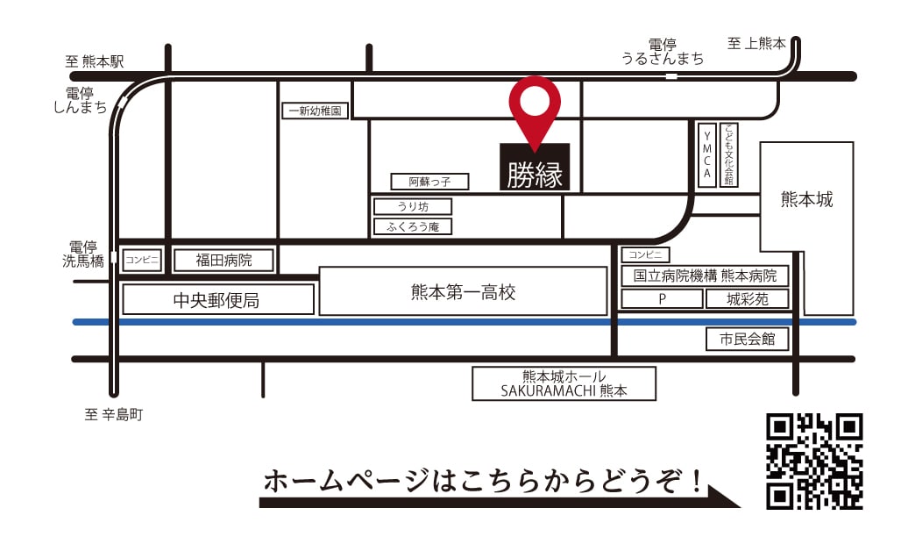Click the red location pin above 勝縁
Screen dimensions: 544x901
(535, 104)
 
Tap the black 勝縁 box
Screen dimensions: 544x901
(535, 168)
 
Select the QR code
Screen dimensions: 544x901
(814, 462)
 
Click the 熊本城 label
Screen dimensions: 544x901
(806, 200)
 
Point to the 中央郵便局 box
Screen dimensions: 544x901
(217, 300)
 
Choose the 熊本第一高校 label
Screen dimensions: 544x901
(463, 291)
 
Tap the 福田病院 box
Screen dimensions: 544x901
(223, 261)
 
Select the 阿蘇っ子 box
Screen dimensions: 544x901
(429, 182)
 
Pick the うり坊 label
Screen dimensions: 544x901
(413, 207)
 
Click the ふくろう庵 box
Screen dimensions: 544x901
(413, 226)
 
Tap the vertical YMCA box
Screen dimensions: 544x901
(707, 154)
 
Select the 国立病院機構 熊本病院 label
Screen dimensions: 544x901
(706, 276)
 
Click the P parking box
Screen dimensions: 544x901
(663, 299)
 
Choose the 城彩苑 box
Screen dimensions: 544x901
(747, 299)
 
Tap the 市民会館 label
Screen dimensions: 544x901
(747, 339)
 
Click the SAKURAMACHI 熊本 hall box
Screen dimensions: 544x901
(564, 383)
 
